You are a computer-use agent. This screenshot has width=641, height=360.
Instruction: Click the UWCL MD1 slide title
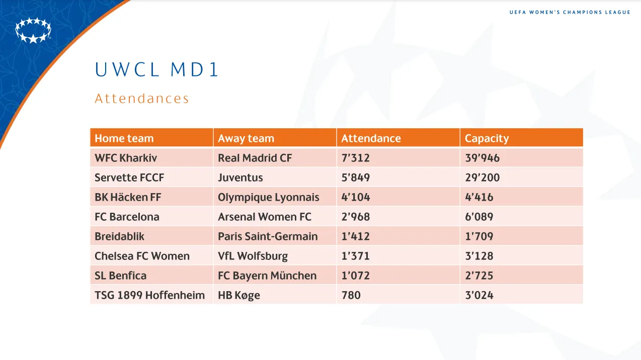[x=157, y=70]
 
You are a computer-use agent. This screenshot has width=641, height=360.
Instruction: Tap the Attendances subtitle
[x=142, y=99]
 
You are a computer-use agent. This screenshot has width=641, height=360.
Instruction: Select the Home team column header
[x=124, y=138]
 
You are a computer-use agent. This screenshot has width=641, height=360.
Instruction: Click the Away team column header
[x=246, y=138]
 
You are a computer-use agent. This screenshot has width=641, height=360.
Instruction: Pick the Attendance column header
[x=371, y=138]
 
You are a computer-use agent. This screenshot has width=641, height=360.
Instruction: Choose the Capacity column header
[x=487, y=138]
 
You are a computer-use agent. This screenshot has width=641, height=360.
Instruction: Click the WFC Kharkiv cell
[x=126, y=158]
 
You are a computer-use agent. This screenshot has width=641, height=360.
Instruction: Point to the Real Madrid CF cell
[x=255, y=158]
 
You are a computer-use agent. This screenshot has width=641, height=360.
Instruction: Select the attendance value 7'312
[x=355, y=158]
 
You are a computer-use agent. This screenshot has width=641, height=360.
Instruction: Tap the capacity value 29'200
[x=482, y=177]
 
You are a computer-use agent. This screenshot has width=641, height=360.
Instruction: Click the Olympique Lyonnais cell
[x=269, y=197]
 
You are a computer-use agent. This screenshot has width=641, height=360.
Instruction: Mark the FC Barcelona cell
[x=127, y=217]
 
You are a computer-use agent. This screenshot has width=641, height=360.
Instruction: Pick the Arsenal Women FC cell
[x=265, y=217]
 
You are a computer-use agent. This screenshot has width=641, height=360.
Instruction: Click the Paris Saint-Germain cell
[x=268, y=236]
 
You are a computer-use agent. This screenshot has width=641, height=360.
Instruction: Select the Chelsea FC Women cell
[x=142, y=256]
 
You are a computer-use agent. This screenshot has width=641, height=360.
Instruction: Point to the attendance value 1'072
[x=355, y=276]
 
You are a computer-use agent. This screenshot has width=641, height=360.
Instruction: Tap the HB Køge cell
[x=239, y=295]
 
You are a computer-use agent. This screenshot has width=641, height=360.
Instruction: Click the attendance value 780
[x=351, y=295]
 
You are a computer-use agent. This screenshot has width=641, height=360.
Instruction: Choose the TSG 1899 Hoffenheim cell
[x=149, y=295]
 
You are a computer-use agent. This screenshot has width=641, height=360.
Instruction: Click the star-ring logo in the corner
[x=33, y=30]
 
